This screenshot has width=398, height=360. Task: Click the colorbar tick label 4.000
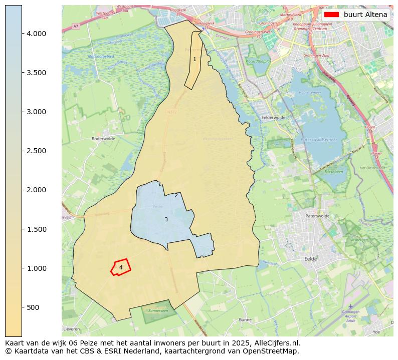[36, 34]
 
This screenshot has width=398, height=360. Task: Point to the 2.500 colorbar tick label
[36, 151]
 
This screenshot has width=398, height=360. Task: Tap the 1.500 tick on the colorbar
[36, 229]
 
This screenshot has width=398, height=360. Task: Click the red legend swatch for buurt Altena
[331, 15]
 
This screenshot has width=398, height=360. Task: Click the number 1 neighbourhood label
[194, 60]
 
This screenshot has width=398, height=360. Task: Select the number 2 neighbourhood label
[176, 195]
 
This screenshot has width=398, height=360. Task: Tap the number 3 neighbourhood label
[166, 219]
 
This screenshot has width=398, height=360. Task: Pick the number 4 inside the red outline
[121, 267]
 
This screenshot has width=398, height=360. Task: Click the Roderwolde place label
[104, 139]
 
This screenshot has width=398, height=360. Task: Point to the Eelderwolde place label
[273, 118]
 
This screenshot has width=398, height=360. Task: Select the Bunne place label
[246, 319]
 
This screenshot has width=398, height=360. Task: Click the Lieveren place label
[72, 329]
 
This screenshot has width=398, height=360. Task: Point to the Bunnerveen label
[158, 310]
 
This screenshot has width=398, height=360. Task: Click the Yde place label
[376, 331]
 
